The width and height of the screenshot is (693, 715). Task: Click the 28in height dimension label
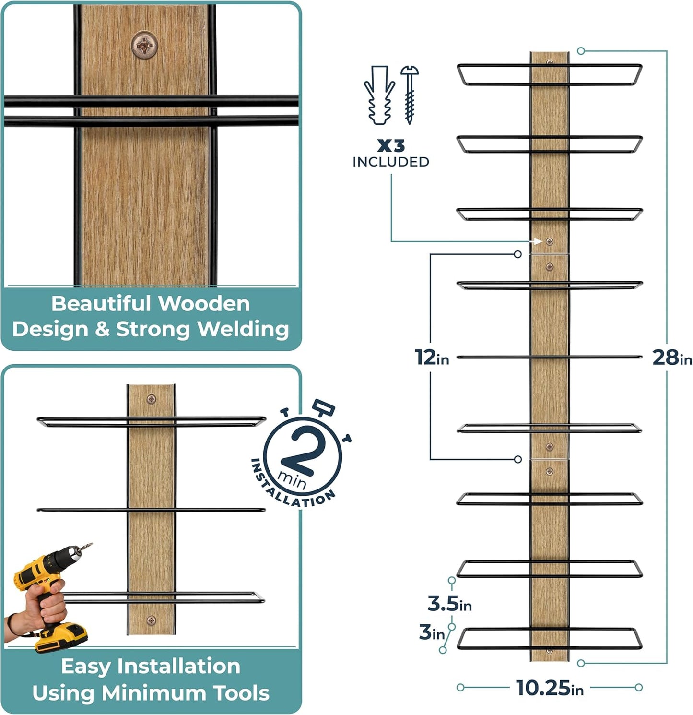pyautogui.click(x=671, y=357)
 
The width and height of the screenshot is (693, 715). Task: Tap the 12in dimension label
pyautogui.click(x=431, y=357)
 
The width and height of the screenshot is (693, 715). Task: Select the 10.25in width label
pyautogui.click(x=550, y=688)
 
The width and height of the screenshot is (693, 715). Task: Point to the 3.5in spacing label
pyautogui.click(x=449, y=604)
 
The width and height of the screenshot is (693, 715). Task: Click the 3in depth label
pyautogui.click(x=432, y=632)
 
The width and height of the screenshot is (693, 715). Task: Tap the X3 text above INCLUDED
pyautogui.click(x=390, y=145)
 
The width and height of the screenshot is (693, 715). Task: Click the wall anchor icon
pyautogui.click(x=379, y=95)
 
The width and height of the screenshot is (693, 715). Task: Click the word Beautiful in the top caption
pyautogui.click(x=102, y=304)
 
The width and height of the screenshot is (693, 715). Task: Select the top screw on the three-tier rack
pyautogui.click(x=151, y=398)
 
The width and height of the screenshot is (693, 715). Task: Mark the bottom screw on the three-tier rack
pyautogui.click(x=151, y=620)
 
